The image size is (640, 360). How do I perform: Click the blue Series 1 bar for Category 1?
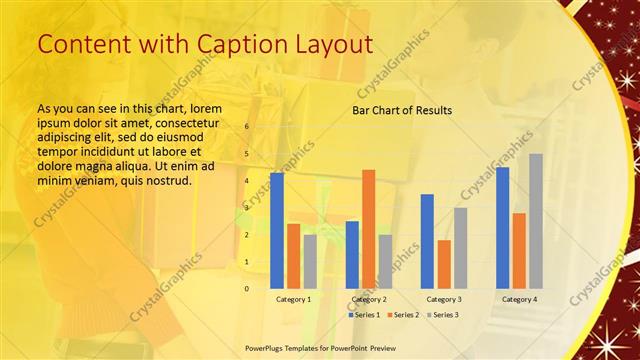pos(277,230)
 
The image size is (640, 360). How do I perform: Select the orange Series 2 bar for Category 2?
pos(368,228)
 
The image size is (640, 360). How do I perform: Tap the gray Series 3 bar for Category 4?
pos(536,220)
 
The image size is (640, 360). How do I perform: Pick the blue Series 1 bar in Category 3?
pos(427,240)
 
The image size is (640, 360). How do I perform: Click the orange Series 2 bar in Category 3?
pos(444,263)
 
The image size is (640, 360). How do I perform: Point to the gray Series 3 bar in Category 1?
pos(310,261)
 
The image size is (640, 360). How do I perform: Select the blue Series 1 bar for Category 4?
pos(502,227)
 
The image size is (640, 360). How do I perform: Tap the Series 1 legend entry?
pos(363,315)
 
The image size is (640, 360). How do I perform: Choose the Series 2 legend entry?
pos(403,315)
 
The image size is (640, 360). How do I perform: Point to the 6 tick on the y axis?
pos(247,127)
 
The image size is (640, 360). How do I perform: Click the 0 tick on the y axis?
pos(247,288)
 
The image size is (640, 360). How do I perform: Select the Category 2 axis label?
pos(369,299)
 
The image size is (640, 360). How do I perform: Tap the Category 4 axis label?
pos(519,299)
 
